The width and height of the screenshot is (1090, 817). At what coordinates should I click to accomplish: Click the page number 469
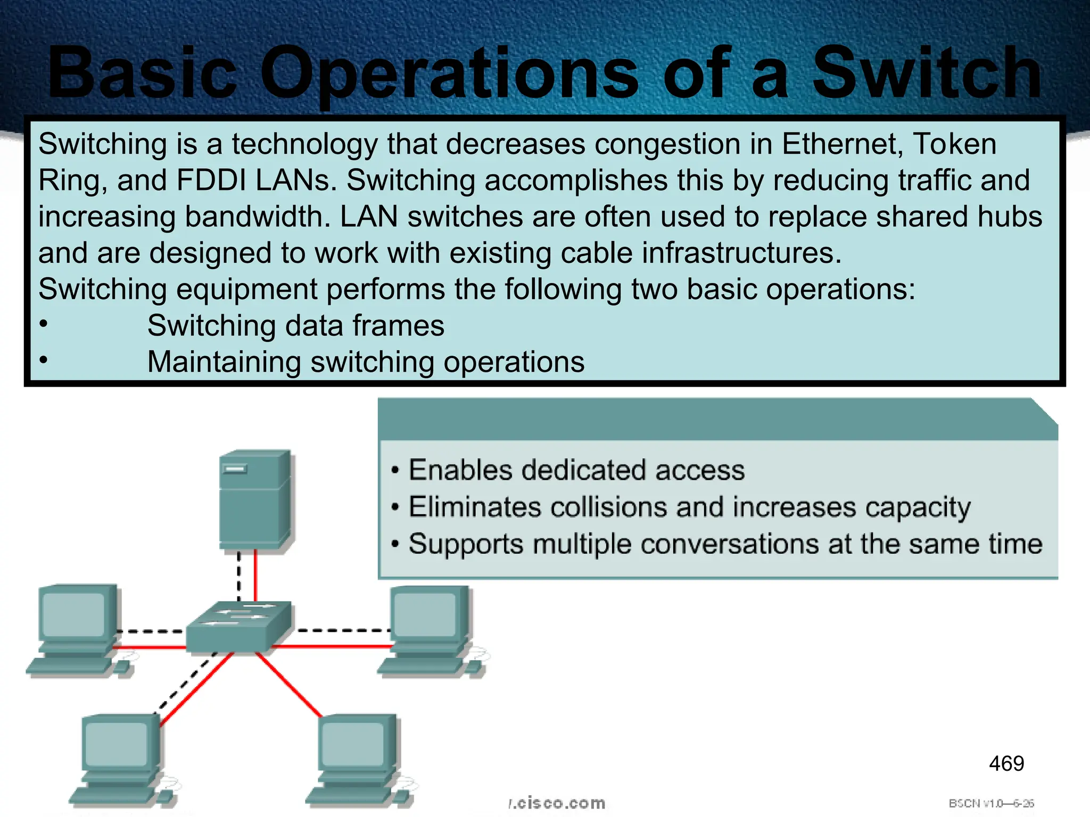pos(1006,764)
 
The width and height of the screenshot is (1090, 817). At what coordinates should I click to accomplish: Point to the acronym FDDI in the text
pos(211,180)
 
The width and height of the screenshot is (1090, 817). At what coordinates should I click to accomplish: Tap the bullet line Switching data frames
pos(295,326)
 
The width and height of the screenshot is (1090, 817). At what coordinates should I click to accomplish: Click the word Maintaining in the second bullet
pos(224,362)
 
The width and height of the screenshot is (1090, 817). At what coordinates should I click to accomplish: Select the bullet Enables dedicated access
pos(576,470)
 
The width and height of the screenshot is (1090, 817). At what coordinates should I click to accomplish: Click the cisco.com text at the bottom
pos(557,803)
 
